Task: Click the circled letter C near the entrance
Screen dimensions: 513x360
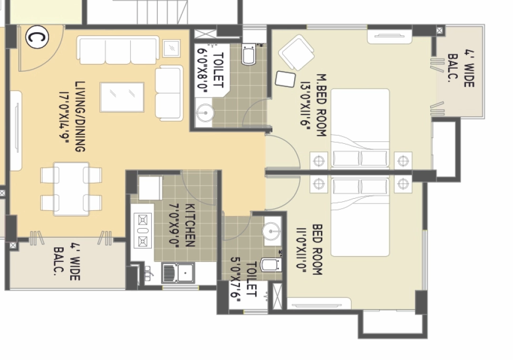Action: (x=37, y=38)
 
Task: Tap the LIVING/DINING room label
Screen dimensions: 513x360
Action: (x=81, y=116)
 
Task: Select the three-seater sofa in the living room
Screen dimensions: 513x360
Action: (x=118, y=51)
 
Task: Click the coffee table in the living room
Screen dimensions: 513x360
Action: (x=122, y=97)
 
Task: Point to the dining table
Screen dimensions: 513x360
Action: (x=71, y=189)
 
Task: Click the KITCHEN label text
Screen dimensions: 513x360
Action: (x=190, y=225)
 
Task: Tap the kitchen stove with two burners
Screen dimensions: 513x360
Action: (x=143, y=230)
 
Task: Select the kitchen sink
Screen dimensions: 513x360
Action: (x=178, y=273)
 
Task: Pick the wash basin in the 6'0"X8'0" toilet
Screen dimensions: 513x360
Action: (x=205, y=113)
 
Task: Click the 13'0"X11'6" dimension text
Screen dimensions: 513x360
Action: (x=305, y=105)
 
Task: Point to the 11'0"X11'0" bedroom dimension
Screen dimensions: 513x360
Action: (x=302, y=248)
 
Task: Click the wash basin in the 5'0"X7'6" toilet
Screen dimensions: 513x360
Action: (x=271, y=231)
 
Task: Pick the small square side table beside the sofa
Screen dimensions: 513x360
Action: (x=171, y=48)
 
